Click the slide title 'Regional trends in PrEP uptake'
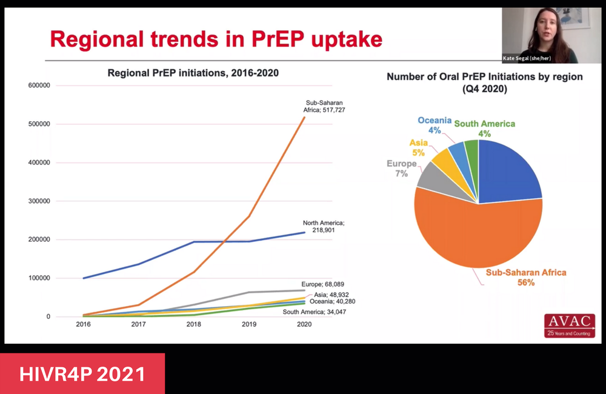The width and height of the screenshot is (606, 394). [x=216, y=39]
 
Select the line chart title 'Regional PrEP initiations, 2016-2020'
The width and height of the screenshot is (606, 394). [x=193, y=73]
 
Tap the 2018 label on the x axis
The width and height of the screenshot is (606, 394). [x=193, y=324]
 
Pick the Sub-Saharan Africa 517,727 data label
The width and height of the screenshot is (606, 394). [x=325, y=107]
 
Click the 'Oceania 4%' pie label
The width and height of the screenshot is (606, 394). [x=434, y=125]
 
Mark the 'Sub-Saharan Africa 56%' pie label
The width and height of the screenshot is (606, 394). [x=525, y=277]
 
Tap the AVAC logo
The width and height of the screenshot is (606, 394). [x=570, y=325]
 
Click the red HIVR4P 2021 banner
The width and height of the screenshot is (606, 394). [x=82, y=373]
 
